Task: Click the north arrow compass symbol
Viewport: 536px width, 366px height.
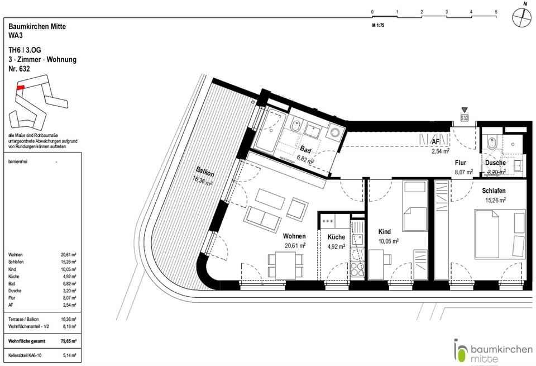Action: (522, 18)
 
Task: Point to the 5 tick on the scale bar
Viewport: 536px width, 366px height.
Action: (496, 11)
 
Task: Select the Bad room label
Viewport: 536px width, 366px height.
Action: (305, 150)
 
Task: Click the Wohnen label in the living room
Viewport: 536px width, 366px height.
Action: (294, 236)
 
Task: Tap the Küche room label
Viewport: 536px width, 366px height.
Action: (337, 237)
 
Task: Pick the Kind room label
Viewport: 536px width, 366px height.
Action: (384, 231)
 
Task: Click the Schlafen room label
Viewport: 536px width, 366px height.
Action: (494, 191)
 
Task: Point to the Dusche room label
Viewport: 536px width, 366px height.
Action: (495, 163)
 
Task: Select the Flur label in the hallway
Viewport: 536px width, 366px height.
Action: (461, 163)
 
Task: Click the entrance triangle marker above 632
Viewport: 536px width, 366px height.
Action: (464, 110)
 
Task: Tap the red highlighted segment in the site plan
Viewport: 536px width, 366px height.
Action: (20, 87)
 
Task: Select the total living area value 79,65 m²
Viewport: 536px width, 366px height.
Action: (68, 339)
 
